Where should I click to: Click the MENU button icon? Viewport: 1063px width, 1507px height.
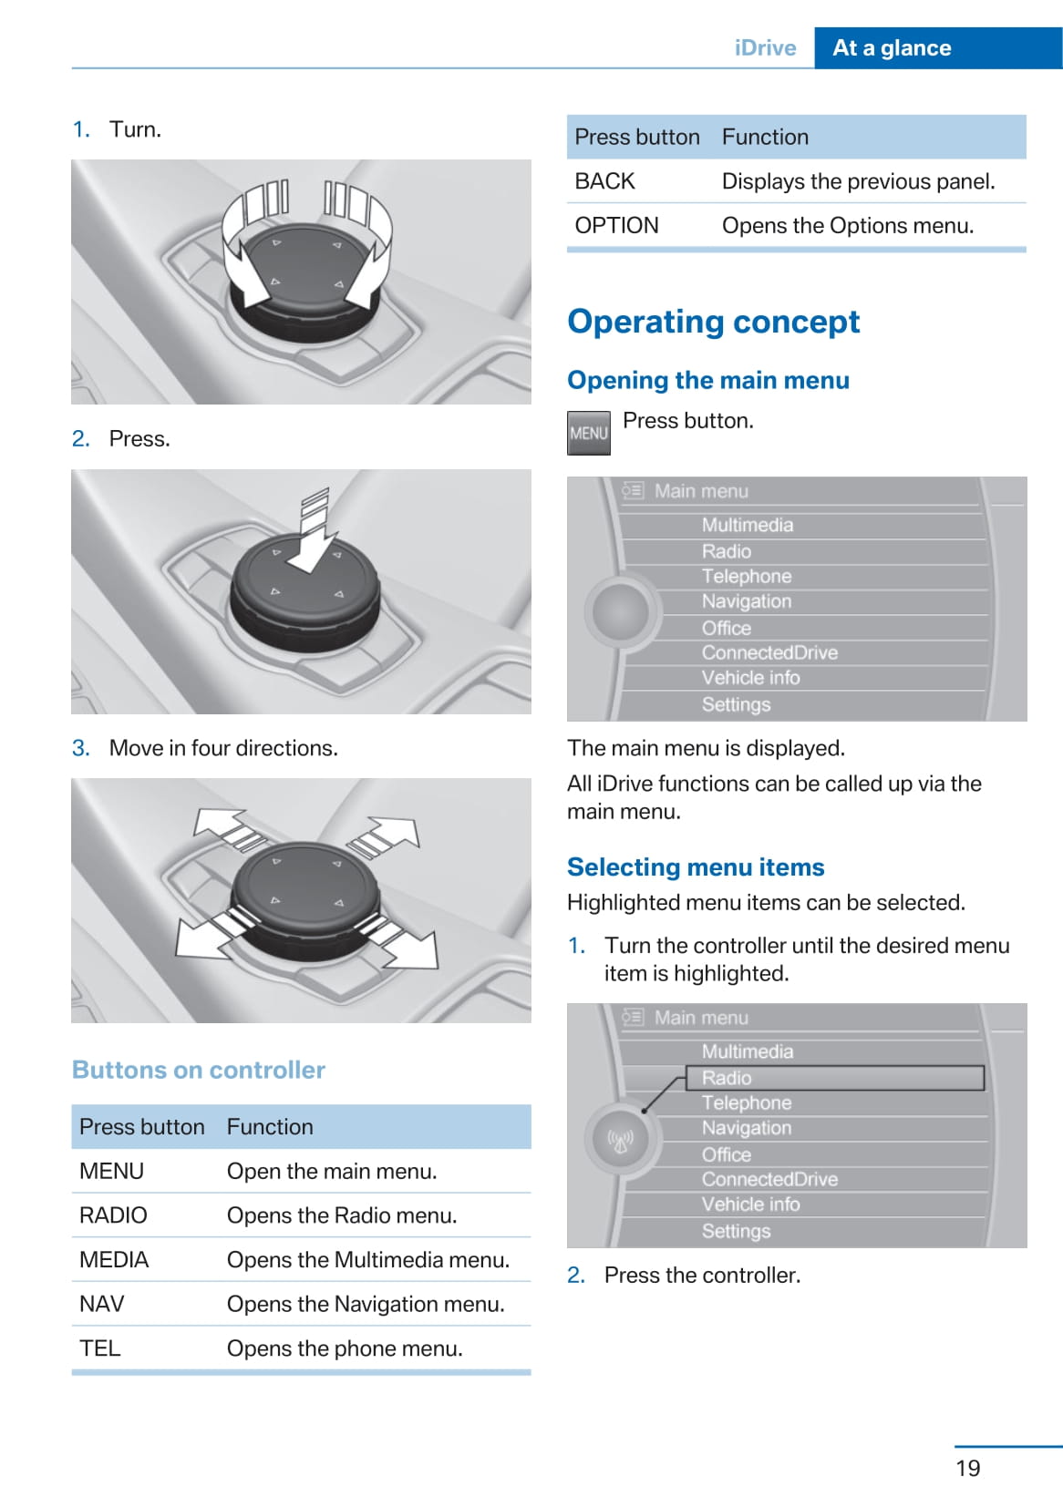tap(588, 433)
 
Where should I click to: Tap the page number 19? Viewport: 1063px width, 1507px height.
tap(967, 1468)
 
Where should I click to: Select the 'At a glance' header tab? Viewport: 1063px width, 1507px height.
tap(892, 48)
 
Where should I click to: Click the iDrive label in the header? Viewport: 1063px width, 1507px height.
tap(765, 48)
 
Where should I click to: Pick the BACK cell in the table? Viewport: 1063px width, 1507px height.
tap(604, 181)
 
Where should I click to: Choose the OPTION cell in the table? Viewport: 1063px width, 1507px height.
tap(616, 225)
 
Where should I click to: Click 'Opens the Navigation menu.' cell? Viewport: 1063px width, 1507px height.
tap(366, 1304)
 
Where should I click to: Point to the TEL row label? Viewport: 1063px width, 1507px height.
tap(99, 1348)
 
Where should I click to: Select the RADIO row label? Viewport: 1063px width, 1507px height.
tap(113, 1215)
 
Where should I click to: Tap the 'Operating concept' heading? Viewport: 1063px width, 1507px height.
tap(713, 322)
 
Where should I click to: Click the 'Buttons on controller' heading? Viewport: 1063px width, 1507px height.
tap(199, 1070)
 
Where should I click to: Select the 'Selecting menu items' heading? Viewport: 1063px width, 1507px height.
tap(696, 866)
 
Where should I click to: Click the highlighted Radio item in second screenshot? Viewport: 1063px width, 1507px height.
tap(727, 1078)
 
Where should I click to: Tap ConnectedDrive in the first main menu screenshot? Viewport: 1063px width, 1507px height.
tap(769, 652)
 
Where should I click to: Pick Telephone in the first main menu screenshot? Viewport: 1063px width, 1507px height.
tap(746, 576)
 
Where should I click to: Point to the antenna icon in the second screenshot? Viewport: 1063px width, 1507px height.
tap(620, 1139)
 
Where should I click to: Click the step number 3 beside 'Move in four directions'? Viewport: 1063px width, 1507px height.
tap(80, 748)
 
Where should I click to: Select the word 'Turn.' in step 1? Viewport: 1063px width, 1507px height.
tap(135, 129)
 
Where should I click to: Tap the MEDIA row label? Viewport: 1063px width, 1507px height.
tap(114, 1259)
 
